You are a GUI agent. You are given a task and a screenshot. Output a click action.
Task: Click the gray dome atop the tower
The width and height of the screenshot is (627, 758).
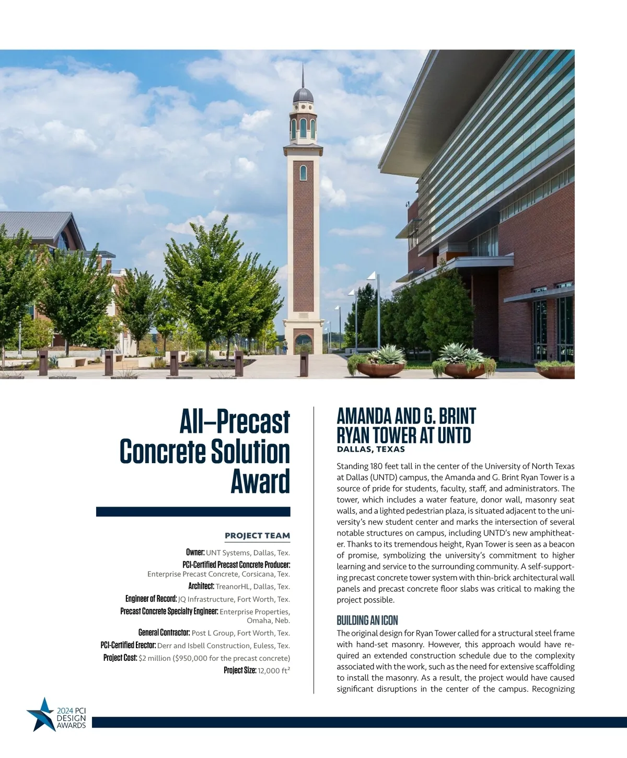303,95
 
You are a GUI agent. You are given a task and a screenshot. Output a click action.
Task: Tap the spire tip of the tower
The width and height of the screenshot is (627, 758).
303,65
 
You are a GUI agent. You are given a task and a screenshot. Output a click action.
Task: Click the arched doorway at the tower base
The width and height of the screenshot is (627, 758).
303,344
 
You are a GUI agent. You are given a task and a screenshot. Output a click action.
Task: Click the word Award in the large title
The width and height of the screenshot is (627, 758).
260,481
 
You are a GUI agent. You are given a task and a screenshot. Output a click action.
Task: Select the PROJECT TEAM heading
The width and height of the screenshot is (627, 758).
257,535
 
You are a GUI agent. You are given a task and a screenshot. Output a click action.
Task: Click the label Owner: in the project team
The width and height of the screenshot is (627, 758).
195,553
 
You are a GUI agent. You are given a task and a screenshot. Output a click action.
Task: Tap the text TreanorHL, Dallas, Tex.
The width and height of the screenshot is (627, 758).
252,587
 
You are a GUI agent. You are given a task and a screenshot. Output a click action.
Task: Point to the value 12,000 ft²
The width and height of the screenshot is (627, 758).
274,671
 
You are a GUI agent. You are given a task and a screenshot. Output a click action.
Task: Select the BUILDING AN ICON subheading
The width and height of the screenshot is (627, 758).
367,621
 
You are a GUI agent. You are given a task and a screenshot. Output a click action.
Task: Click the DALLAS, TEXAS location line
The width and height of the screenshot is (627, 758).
370,449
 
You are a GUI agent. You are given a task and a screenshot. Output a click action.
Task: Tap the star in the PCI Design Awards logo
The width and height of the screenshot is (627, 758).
41,714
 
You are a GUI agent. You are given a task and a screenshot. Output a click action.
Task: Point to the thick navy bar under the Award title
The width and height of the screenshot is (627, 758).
193,512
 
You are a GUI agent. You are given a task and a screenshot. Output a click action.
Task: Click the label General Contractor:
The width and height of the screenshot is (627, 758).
164,633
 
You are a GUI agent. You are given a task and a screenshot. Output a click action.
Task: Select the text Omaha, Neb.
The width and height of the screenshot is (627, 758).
268,621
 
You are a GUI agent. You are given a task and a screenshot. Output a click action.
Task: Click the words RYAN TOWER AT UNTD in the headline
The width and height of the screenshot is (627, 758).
403,435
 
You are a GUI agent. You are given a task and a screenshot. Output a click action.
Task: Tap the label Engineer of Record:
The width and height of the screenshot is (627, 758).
151,599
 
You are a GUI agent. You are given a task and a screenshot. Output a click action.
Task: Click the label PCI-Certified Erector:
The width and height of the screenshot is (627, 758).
128,646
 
